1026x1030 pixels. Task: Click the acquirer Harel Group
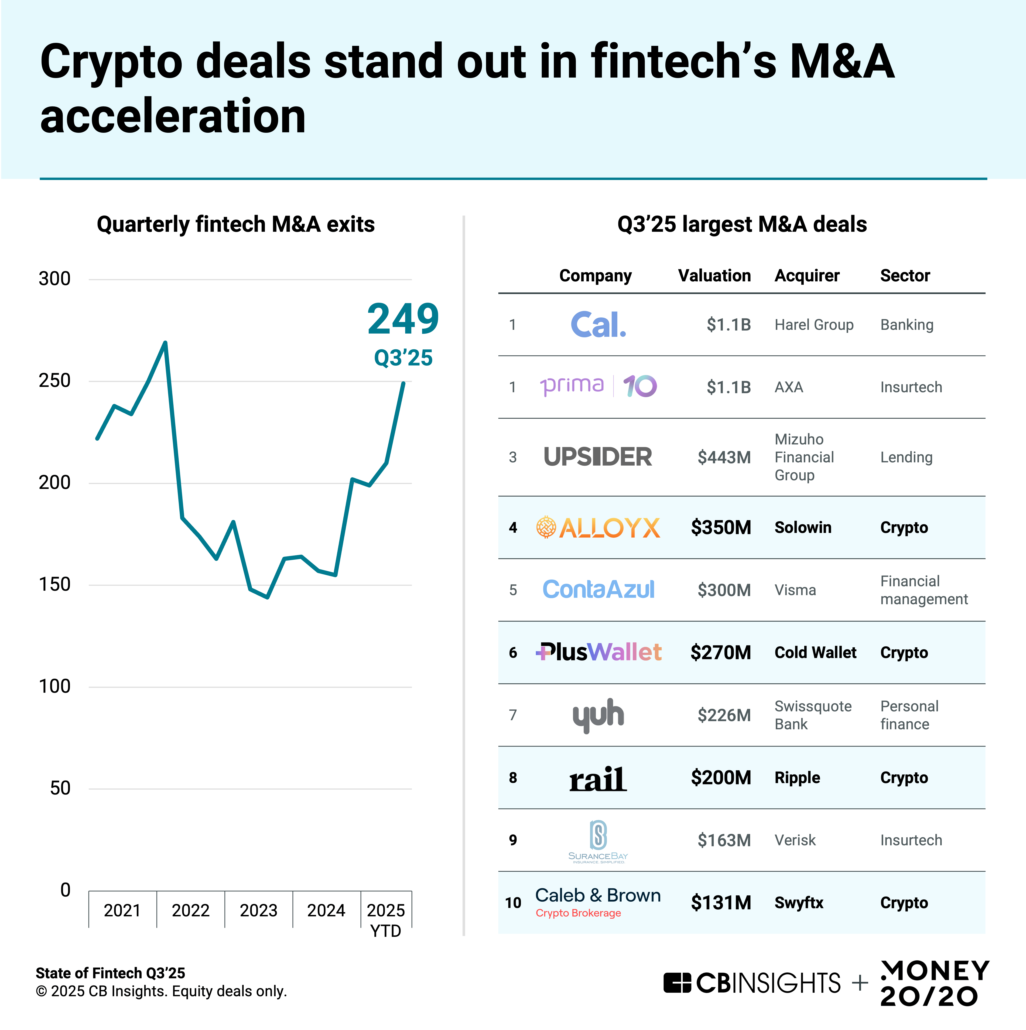coord(814,325)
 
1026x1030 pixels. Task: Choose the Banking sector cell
coord(906,325)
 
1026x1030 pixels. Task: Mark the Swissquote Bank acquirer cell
coord(813,715)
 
